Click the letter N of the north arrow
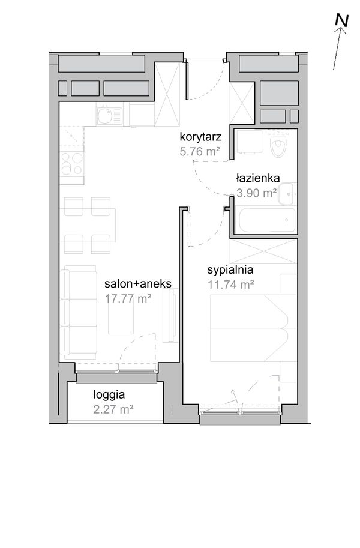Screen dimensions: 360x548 click(341, 20)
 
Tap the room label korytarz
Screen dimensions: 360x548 click(200, 137)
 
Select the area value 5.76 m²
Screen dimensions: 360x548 click(200, 151)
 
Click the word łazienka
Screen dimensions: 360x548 click(258, 178)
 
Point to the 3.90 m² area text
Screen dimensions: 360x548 click(257, 193)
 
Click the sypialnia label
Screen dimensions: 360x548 click(230, 270)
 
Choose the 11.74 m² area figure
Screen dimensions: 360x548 click(231, 285)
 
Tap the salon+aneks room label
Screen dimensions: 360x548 click(138, 283)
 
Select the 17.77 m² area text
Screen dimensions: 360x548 click(128, 298)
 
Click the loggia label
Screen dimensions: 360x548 click(109, 395)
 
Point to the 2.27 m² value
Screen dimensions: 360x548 click(113, 409)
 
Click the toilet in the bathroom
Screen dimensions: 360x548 click(278, 146)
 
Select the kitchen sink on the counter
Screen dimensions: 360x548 click(109, 116)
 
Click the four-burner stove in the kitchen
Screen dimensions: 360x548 click(72, 164)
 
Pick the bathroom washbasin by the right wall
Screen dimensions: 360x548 click(287, 194)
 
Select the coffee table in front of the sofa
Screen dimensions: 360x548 click(121, 318)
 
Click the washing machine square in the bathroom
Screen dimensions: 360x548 click(249, 142)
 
